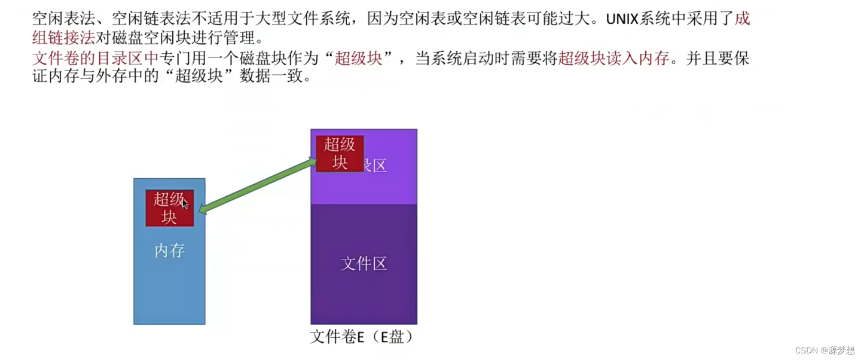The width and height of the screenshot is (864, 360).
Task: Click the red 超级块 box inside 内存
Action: click(x=169, y=208)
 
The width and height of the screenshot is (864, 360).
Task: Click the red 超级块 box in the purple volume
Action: click(x=340, y=153)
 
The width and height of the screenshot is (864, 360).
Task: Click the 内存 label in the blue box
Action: click(x=169, y=251)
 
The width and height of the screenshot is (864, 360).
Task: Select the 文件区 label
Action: click(x=364, y=263)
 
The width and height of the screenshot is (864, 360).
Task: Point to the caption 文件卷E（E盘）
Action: click(x=362, y=337)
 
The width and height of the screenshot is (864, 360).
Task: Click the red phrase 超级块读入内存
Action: click(x=613, y=59)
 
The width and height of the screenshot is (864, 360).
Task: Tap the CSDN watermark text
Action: click(x=807, y=350)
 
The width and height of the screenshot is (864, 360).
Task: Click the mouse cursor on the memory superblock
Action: click(x=185, y=204)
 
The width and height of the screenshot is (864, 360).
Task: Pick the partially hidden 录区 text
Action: click(x=375, y=166)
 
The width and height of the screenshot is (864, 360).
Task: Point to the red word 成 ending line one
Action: click(x=742, y=19)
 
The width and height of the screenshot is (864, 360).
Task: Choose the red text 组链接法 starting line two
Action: click(x=63, y=38)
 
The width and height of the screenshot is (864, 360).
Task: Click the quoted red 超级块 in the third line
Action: click(x=359, y=59)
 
